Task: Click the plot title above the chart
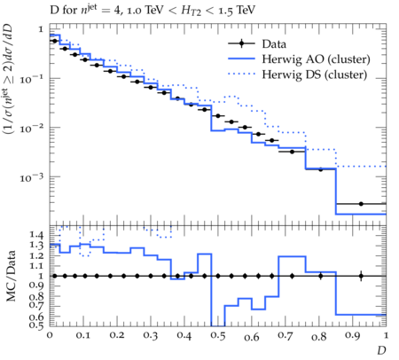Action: tap(153, 11)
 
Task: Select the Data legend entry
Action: tap(257, 44)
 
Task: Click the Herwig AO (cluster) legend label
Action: tap(316, 59)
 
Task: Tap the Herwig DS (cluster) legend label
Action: tap(315, 74)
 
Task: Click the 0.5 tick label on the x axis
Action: tap(218, 336)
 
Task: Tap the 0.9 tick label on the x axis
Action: tap(352, 336)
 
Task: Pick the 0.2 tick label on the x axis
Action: tap(117, 335)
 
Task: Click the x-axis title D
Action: tap(381, 350)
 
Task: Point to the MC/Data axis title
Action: tap(11, 276)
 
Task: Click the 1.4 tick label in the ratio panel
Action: tap(36, 235)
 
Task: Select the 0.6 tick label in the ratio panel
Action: tap(36, 317)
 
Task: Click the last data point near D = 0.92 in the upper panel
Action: tap(361, 204)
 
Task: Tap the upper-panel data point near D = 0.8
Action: tap(320, 169)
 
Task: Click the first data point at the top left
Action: tap(54, 41)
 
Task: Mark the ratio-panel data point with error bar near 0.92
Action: tap(361, 276)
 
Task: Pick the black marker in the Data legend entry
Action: tap(241, 44)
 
